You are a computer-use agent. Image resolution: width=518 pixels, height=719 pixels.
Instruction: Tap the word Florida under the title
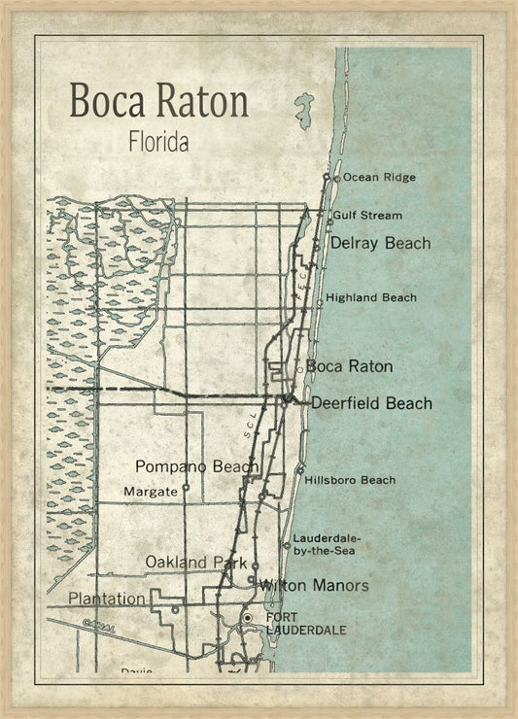click(x=158, y=141)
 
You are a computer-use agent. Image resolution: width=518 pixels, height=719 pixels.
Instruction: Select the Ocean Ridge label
click(x=379, y=178)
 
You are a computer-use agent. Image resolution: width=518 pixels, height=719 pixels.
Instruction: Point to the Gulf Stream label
click(x=366, y=215)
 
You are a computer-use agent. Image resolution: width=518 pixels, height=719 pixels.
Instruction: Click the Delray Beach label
click(x=380, y=243)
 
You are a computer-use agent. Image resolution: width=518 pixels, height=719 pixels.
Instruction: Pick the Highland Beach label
click(x=371, y=297)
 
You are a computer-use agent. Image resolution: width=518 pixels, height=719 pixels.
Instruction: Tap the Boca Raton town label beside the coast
click(x=349, y=366)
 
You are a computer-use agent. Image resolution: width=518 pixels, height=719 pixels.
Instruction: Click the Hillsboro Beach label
click(x=350, y=480)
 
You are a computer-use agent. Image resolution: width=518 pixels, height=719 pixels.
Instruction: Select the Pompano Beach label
click(x=196, y=466)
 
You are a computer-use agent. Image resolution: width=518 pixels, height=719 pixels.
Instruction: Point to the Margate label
click(x=151, y=492)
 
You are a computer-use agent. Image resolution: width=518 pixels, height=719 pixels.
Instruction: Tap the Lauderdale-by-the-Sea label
click(x=326, y=544)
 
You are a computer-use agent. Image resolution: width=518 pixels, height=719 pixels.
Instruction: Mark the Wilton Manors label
click(x=313, y=586)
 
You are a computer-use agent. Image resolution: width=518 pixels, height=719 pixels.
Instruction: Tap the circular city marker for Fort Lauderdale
click(x=248, y=618)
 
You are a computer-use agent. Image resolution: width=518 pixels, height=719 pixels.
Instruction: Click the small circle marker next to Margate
click(x=185, y=489)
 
